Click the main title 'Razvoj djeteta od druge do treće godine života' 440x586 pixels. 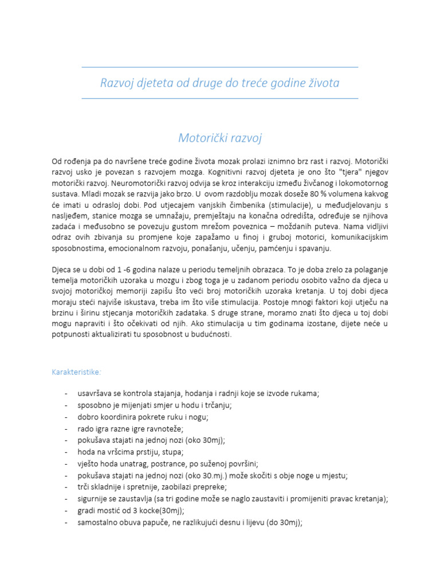pyautogui.click(x=220, y=84)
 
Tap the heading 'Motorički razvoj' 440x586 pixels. pyautogui.click(x=220, y=138)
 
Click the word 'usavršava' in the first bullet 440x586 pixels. pyautogui.click(x=94, y=393)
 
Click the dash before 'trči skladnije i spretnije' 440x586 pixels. pyautogui.click(x=67, y=487)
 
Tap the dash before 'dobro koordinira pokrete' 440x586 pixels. pyautogui.click(x=67, y=417)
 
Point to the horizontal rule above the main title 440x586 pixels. pyautogui.click(x=220, y=67)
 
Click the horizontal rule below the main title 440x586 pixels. pyautogui.click(x=220, y=98)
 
